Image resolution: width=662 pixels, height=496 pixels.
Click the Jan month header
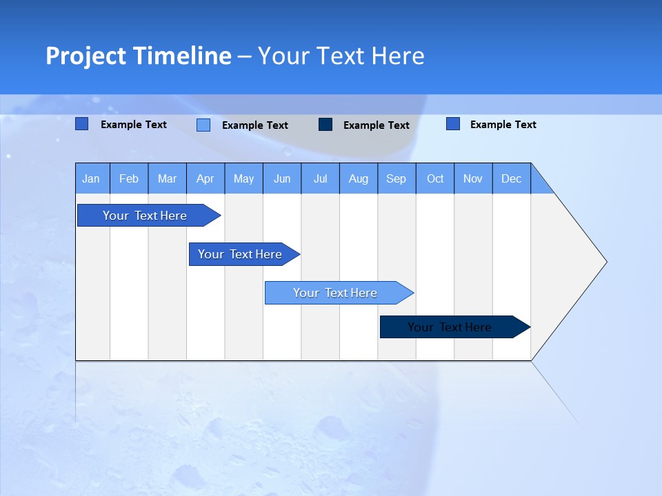(91, 178)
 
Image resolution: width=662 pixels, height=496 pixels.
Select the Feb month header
(129, 178)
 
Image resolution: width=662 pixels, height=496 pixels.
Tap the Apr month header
(205, 178)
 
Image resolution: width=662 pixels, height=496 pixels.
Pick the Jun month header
(282, 178)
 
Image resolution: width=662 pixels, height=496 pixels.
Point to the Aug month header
(358, 178)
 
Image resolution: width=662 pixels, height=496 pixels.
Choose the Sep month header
(396, 178)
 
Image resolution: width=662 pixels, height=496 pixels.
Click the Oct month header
(435, 178)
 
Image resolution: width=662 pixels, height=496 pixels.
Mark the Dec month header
(511, 178)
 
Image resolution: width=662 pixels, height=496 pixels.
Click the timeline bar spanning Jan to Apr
(146, 216)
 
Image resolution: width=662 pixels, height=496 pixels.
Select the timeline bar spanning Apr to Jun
(241, 254)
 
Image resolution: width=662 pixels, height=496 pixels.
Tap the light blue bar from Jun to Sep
(336, 293)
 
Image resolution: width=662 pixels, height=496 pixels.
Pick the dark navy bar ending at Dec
(450, 327)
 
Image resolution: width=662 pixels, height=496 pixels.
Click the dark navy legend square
(325, 125)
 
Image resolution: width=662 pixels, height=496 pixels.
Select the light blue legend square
(203, 125)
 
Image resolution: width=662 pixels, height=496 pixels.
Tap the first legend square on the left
(81, 124)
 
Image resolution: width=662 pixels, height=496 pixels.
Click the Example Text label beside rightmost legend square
(503, 125)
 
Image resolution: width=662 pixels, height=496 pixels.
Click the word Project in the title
(86, 56)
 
